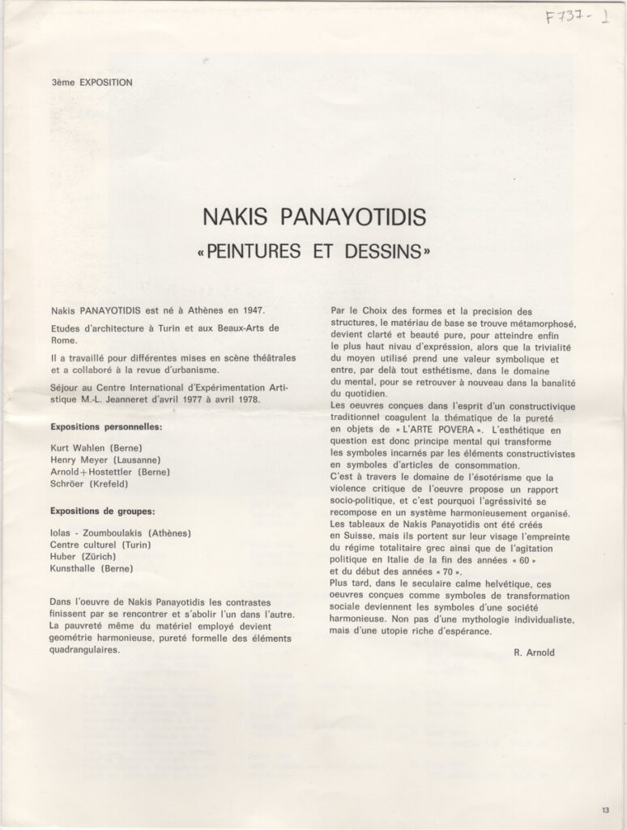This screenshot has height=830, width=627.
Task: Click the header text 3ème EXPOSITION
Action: pos(92,82)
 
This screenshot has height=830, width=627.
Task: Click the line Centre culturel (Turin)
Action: pos(108,545)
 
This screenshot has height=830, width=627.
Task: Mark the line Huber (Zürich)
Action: pos(84,558)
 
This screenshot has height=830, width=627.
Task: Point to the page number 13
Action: pos(606,810)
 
